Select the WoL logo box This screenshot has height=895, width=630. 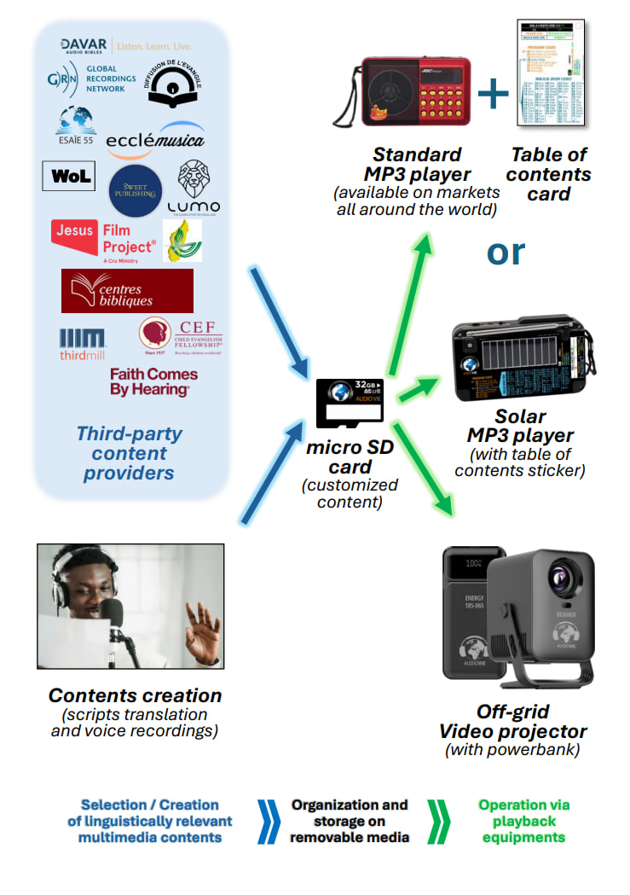coord(69,177)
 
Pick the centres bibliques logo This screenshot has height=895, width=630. coord(127,291)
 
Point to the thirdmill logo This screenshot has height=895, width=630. coord(83,343)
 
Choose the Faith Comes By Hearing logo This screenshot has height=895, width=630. coord(153,381)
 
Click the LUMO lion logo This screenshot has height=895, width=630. coord(198,187)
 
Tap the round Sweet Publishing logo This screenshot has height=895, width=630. coord(136,190)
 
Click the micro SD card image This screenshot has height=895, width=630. coord(350,403)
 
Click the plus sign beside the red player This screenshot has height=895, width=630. coord(492,95)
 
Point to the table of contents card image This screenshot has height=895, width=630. coord(552,75)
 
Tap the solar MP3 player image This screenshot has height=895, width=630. coord(521,360)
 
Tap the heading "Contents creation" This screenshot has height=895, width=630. coord(135,695)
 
